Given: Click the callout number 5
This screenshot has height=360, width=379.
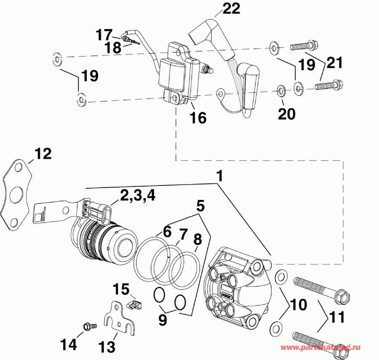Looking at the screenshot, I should pos(200,206).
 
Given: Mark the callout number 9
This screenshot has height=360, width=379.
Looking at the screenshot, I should pos(163,320).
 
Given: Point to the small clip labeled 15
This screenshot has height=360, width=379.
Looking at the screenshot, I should pos(133,303).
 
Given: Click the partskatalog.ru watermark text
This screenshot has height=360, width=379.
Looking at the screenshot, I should pos(329,348).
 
